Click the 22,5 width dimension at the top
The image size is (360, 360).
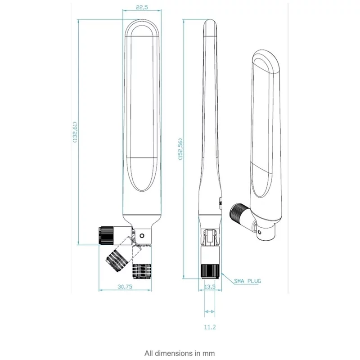pos(141,7)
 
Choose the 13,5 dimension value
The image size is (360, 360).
pos(210,287)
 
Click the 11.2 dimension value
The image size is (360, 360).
pos(210,327)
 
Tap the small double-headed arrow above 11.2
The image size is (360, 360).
pos(210,311)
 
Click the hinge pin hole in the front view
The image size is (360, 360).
pos(143,235)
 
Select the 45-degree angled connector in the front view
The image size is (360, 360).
pos(118,259)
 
